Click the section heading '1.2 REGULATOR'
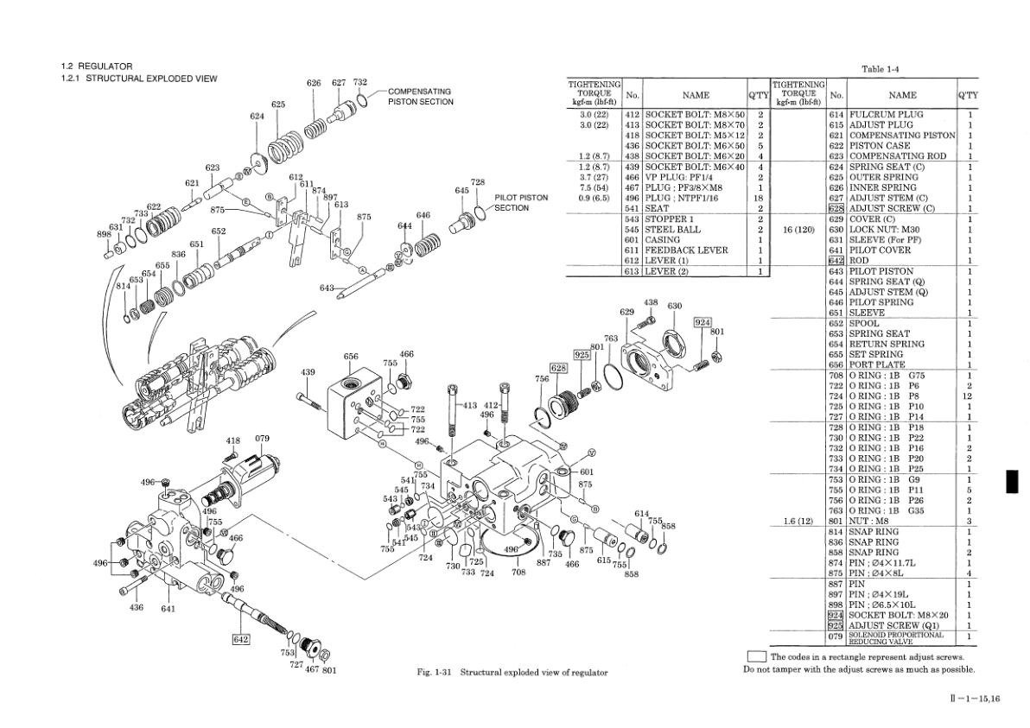tap(96, 66)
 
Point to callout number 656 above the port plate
tap(351, 357)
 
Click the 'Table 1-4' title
tap(881, 69)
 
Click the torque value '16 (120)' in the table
tap(794, 230)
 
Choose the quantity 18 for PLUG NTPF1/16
tap(760, 198)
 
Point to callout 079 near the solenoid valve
tap(263, 438)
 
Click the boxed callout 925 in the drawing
tap(582, 354)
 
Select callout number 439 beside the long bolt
tap(308, 372)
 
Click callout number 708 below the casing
tap(518, 572)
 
